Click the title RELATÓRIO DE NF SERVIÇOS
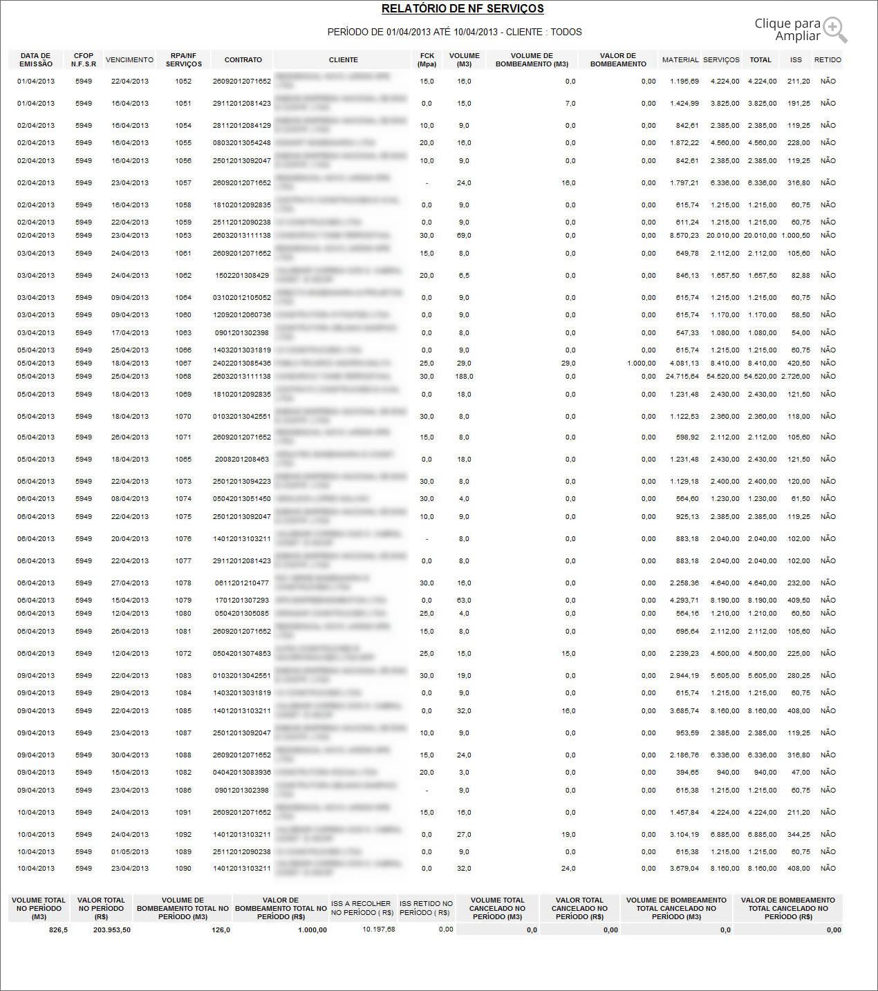tap(463, 9)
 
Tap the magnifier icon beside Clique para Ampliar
tap(834, 29)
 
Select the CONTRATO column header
tap(243, 60)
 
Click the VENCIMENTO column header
tap(129, 60)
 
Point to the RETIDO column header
tap(828, 60)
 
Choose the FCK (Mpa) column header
tap(427, 60)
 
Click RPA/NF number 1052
tap(183, 82)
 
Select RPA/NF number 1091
tap(183, 813)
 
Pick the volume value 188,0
tap(464, 377)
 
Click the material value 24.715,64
tap(682, 377)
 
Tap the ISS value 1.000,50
tap(796, 236)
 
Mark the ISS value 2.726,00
tap(796, 377)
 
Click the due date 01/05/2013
tap(130, 852)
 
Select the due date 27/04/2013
tap(130, 583)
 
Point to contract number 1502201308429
tap(242, 276)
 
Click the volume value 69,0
tap(464, 236)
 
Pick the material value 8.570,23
tap(684, 236)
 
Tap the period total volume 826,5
tap(58, 930)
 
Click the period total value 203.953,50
tap(112, 930)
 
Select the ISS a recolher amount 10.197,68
tap(379, 929)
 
